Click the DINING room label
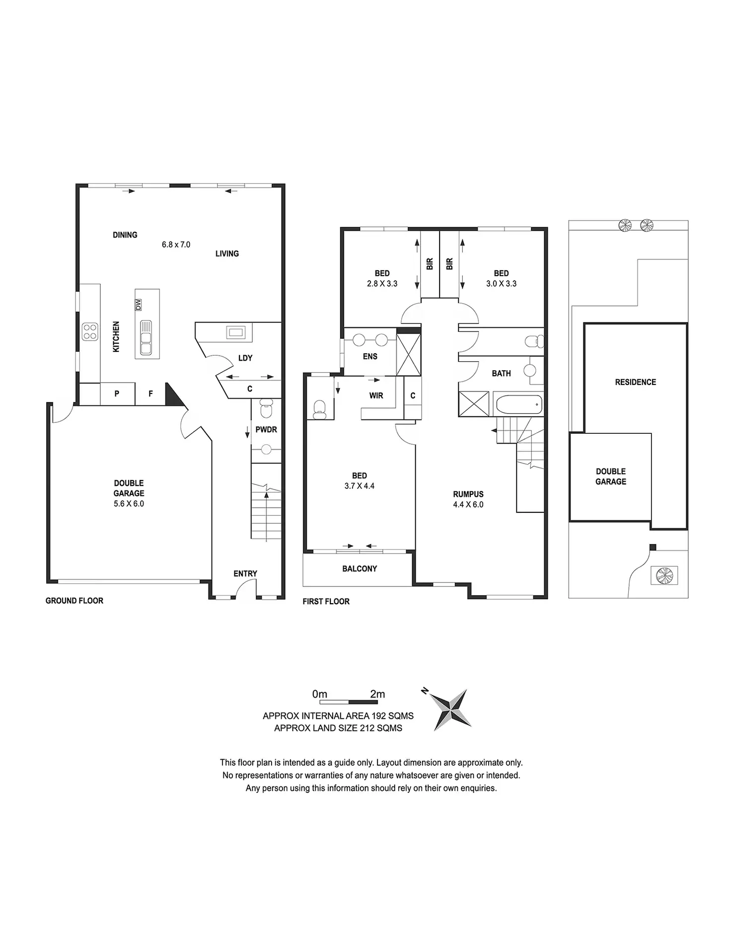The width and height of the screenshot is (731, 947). click(125, 235)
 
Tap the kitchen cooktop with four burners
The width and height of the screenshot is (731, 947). click(90, 331)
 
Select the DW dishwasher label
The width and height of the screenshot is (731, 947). click(138, 305)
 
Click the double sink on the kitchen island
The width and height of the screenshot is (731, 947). click(146, 338)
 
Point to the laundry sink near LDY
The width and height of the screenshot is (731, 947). click(235, 332)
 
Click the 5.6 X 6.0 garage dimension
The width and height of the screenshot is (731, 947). click(129, 503)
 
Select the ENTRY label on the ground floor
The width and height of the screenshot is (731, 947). click(245, 574)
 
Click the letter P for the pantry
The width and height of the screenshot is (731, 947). click(117, 394)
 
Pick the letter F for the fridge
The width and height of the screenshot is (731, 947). click(150, 394)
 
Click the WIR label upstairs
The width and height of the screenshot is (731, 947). click(376, 396)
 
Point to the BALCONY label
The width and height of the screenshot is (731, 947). click(360, 569)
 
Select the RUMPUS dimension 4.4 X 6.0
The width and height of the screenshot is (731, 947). click(468, 505)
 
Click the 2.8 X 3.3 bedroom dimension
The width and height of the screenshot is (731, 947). click(382, 284)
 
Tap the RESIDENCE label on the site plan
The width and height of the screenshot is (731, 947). click(636, 382)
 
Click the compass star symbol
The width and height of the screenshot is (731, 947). click(450, 710)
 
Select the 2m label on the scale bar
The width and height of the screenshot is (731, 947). click(377, 694)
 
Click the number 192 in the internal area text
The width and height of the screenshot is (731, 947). click(380, 716)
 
